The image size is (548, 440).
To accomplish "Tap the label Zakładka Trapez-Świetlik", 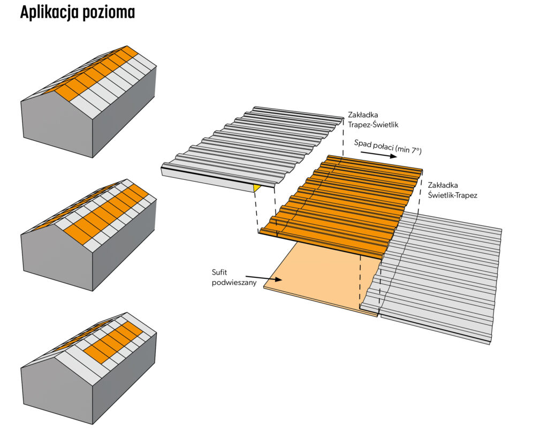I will point(374,119).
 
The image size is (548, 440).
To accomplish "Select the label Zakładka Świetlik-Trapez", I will point(452,190).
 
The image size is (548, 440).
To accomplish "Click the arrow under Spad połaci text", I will point(378,154).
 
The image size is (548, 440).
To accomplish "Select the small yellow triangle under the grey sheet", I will point(257,187).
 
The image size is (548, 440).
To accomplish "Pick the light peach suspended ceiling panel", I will point(316,278).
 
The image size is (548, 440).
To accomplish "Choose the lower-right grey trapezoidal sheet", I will point(444,278).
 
